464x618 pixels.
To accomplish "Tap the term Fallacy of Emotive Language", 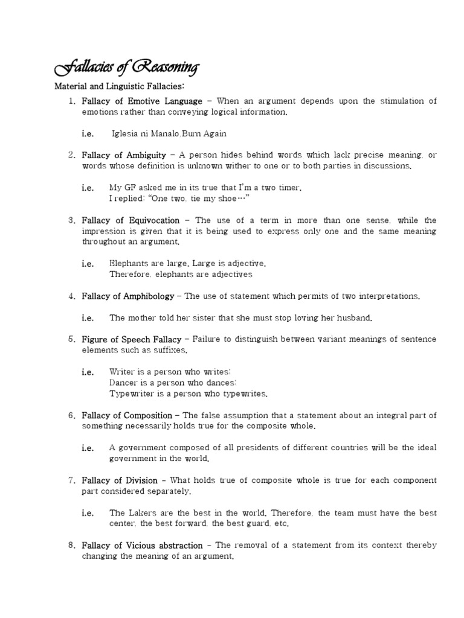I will [142, 101].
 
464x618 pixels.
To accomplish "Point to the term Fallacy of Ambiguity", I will [124, 155].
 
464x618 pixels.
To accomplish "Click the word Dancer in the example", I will [123, 383].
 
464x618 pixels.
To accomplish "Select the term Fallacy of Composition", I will [127, 415].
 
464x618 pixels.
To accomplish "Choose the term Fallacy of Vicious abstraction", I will [145, 546].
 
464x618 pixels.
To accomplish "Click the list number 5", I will [71, 339].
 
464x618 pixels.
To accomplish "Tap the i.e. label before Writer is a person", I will [88, 372].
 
